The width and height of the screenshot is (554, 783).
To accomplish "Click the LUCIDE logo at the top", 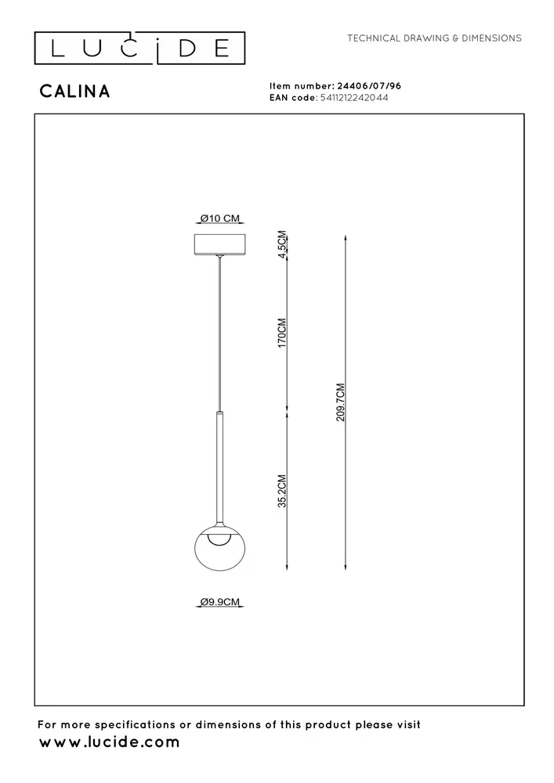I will pyautogui.click(x=139, y=49).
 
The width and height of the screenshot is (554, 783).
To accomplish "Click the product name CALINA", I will pyautogui.click(x=74, y=92).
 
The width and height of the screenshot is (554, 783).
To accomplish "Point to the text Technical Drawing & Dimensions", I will pyautogui.click(x=434, y=38).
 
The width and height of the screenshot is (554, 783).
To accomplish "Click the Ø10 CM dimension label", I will pyautogui.click(x=219, y=218).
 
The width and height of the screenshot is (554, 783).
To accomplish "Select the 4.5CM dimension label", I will pyautogui.click(x=283, y=244).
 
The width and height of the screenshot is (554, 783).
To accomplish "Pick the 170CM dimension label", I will pyautogui.click(x=283, y=333).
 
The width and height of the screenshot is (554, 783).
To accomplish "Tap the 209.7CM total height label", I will pyautogui.click(x=340, y=402).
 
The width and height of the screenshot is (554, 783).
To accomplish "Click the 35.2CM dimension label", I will pyautogui.click(x=283, y=491).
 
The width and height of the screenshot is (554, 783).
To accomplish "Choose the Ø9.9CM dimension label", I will pyautogui.click(x=219, y=602).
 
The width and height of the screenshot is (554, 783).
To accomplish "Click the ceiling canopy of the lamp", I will pyautogui.click(x=220, y=244).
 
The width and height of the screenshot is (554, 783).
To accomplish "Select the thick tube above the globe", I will pyautogui.click(x=221, y=470).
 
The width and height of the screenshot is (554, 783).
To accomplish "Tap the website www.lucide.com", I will pyautogui.click(x=110, y=742).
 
